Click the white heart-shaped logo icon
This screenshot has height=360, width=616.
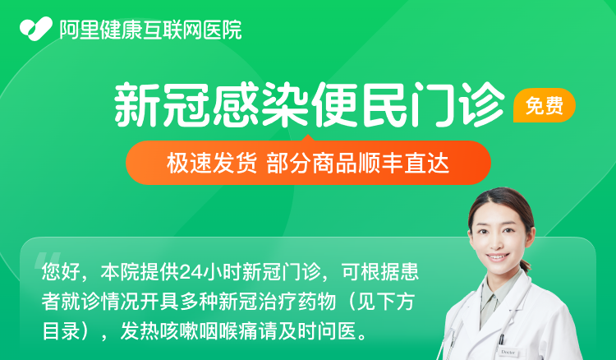[x=36, y=29]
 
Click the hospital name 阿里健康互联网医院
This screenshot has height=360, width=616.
[x=150, y=30]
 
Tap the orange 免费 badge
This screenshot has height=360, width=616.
[x=544, y=105]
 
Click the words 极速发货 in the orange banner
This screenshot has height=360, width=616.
[x=212, y=163]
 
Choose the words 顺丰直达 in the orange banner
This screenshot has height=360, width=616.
[x=403, y=163]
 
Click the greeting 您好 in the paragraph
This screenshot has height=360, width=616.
[x=62, y=272]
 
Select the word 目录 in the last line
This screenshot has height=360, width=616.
[x=62, y=331]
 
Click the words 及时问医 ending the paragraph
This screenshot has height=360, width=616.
[x=317, y=331]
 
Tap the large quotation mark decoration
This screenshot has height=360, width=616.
[x=48, y=261]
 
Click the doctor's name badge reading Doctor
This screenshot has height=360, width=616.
[x=508, y=352]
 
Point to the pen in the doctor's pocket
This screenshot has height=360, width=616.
[x=501, y=340]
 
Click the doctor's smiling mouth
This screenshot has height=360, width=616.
[x=498, y=257]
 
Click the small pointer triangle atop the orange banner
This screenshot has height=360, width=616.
[x=308, y=138]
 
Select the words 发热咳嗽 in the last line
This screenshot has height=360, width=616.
[x=159, y=331]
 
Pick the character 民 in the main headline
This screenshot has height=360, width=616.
[x=384, y=104]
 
